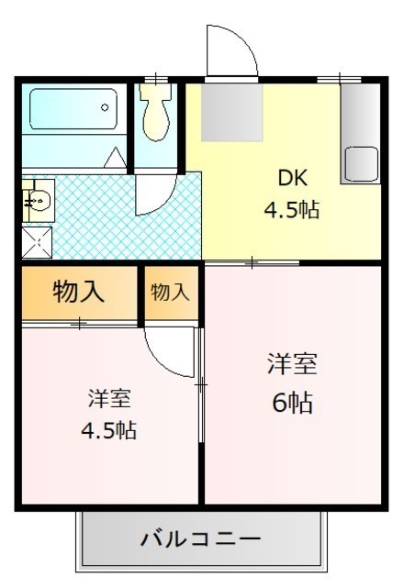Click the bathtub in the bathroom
pyautogui.click(x=73, y=109)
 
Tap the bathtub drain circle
pyautogui.click(x=105, y=107)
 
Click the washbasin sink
pyautogui.click(x=39, y=200)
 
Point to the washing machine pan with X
pyautogui.click(x=37, y=242)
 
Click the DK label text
pyautogui.click(x=293, y=178)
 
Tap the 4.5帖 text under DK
pyautogui.click(x=292, y=210)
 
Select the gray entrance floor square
pyautogui.click(x=232, y=112)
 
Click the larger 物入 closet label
pyautogui.click(x=78, y=292)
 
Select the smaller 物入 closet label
pyautogui.click(x=170, y=292)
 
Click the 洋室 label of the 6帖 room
pyautogui.click(x=292, y=363)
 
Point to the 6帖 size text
pyautogui.click(x=292, y=403)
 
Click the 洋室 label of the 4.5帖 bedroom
pyautogui.click(x=109, y=398)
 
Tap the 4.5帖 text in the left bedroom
pyautogui.click(x=109, y=430)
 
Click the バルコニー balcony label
pyautogui.click(x=200, y=539)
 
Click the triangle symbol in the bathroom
pyautogui.click(x=115, y=158)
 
